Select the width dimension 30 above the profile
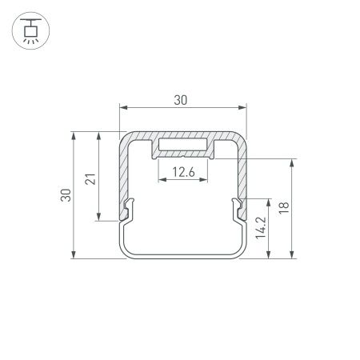point(182,99)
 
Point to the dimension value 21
point(91,178)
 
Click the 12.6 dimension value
point(182,170)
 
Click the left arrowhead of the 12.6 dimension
point(160,180)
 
